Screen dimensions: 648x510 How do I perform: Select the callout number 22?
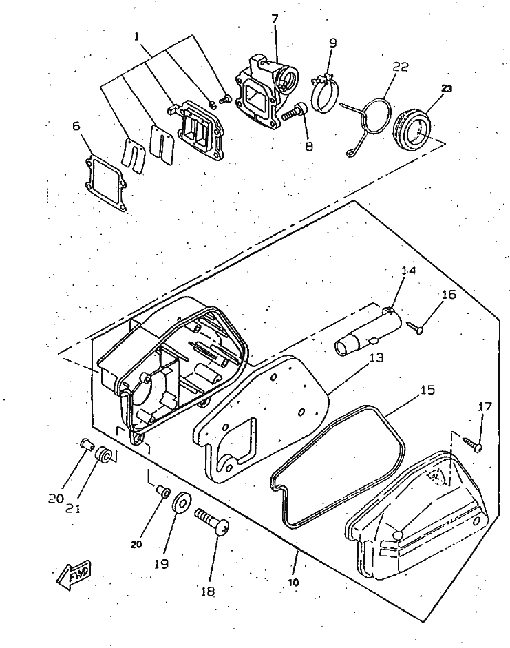coord(401,67)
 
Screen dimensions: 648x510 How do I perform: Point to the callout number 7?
coord(275,19)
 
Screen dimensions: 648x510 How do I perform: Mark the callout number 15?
coord(427,390)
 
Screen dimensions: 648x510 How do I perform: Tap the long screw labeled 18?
coord(212,521)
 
